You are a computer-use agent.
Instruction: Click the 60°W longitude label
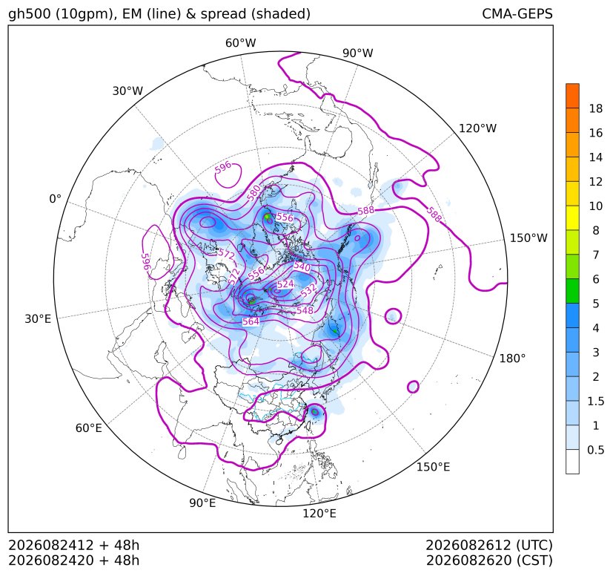(240, 43)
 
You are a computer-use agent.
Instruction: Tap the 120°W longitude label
(477, 128)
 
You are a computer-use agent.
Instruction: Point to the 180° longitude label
(512, 359)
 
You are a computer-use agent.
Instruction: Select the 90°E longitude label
(202, 503)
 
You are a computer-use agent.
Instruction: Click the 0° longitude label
(55, 199)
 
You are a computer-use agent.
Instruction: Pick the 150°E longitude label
(433, 467)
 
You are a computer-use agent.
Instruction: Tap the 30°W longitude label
(127, 91)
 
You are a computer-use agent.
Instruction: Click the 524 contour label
(285, 284)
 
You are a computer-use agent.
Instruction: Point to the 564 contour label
(251, 321)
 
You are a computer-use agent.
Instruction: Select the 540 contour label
(302, 267)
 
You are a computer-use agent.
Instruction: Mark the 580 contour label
(254, 193)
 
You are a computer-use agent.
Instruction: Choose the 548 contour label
(305, 310)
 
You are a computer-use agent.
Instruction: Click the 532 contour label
(308, 290)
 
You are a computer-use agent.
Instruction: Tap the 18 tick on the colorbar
(596, 108)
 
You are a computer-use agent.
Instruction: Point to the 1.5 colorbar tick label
(595, 401)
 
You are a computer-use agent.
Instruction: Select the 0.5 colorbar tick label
(595, 450)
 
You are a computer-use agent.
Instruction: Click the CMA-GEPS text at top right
(517, 13)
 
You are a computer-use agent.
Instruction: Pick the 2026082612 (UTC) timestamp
(489, 545)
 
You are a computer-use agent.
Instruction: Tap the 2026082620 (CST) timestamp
(489, 560)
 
